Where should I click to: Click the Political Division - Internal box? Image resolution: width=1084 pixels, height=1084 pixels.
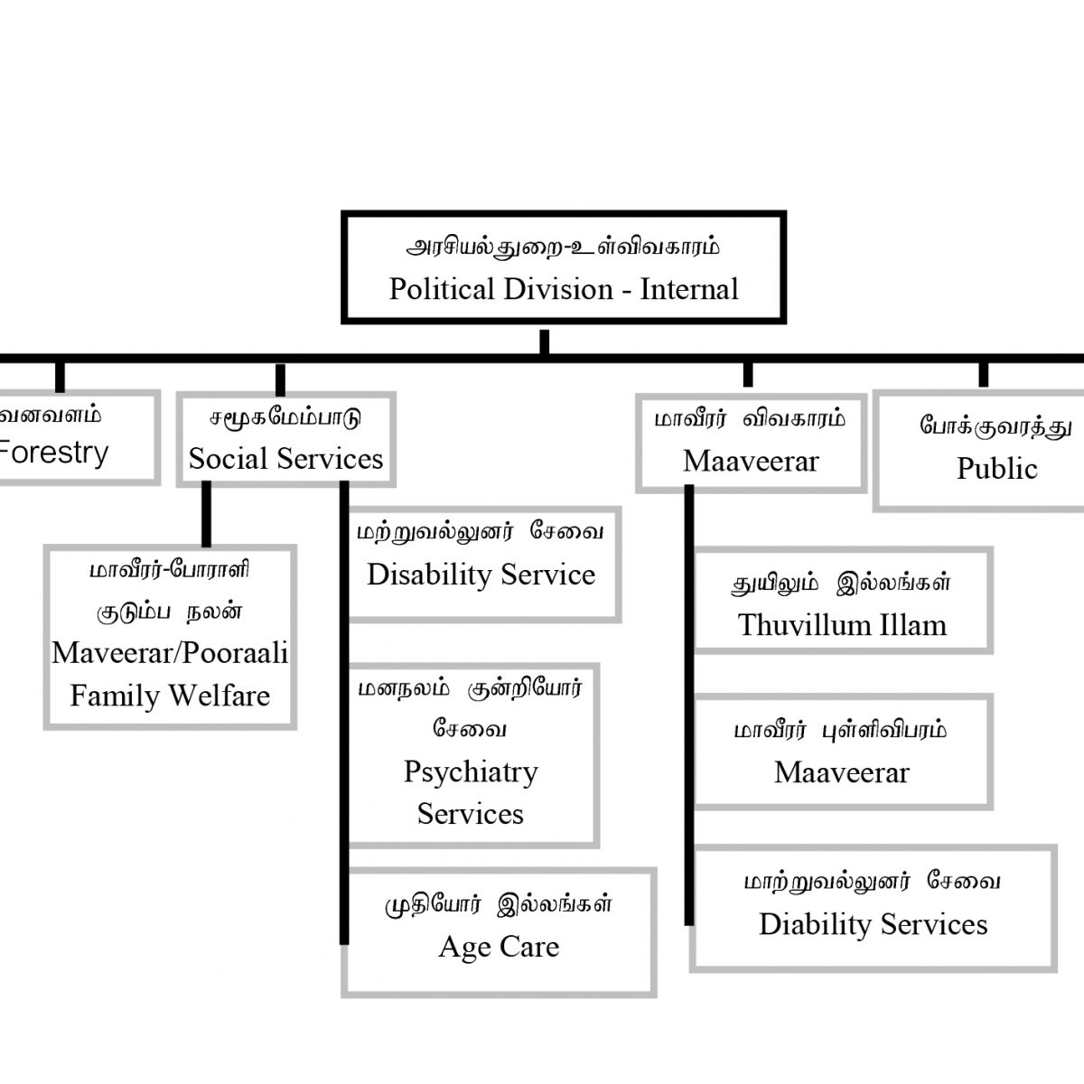564,267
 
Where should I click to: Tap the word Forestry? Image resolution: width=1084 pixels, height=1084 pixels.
54,452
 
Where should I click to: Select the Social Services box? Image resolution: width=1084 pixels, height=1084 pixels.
285,440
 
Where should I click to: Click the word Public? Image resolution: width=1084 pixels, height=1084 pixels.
996,468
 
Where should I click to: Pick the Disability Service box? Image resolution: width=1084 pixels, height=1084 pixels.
481,564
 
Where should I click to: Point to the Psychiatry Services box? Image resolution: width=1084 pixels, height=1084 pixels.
471,755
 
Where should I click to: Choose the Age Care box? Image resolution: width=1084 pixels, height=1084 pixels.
499,932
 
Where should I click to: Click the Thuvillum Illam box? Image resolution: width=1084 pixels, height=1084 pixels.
842,600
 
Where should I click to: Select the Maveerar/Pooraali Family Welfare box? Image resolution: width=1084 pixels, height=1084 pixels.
170,636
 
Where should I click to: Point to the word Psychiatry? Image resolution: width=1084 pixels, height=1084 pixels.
471,772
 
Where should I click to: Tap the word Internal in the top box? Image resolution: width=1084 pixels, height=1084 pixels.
689,289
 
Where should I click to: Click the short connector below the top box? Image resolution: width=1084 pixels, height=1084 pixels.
544,341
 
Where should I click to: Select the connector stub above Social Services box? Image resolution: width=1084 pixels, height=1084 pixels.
280,378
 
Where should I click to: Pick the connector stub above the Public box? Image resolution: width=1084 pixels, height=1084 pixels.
984,374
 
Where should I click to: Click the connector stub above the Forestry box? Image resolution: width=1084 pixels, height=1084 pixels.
60,377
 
